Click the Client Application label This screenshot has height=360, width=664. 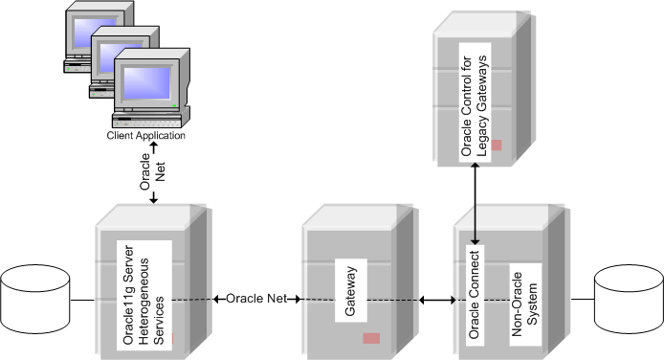tap(145, 136)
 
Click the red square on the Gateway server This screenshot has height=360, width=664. tap(371, 338)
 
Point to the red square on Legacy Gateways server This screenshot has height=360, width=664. tap(497, 145)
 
